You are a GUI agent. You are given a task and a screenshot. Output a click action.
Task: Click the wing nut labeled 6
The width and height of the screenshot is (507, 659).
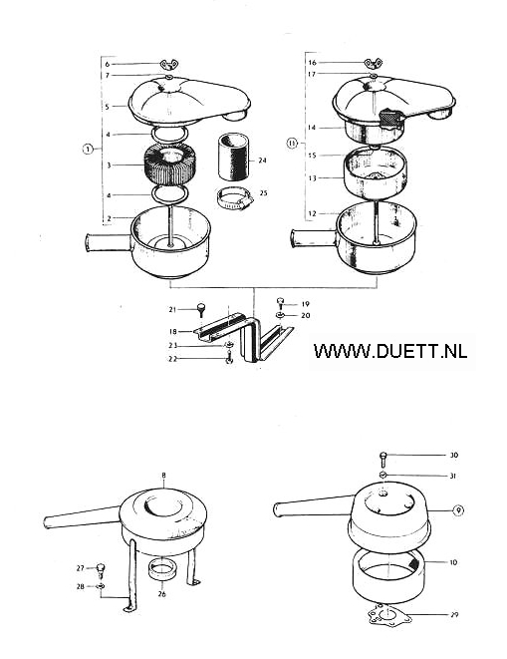pos(169,64)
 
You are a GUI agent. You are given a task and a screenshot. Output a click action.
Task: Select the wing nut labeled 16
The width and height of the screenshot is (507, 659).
pos(373,64)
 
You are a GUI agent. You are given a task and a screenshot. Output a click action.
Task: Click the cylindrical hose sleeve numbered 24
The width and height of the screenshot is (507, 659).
pos(233,157)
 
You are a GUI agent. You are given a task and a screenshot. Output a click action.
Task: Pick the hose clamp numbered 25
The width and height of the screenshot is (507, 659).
pos(235,199)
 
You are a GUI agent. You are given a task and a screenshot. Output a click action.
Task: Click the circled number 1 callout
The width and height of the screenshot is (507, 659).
pos(88,149)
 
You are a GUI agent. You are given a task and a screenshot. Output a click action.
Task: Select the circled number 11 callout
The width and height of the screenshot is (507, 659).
pos(292,144)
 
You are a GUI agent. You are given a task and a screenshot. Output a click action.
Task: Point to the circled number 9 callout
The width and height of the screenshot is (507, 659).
pos(458,510)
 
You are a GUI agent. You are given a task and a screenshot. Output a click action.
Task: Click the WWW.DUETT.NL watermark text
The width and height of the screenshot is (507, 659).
pos(390,351)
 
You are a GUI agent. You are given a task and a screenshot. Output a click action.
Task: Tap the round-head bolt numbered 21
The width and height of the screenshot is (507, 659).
pos(202,310)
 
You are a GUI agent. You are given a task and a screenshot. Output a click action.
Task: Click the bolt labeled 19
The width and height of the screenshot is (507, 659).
pos(280,303)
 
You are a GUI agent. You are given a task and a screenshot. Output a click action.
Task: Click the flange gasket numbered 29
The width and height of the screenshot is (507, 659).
pos(389,615)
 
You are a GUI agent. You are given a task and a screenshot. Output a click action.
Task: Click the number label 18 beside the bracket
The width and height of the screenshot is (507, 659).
pos(173,332)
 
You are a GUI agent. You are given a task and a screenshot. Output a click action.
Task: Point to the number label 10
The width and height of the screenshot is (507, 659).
pos(453,562)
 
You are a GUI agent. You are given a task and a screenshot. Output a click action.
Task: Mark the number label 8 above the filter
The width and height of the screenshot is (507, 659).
pos(163,476)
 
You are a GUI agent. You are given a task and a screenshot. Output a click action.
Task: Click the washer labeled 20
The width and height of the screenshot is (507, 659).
pos(280,315)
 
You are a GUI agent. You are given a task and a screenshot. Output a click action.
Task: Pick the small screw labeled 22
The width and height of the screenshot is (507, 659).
pos(229,358)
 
